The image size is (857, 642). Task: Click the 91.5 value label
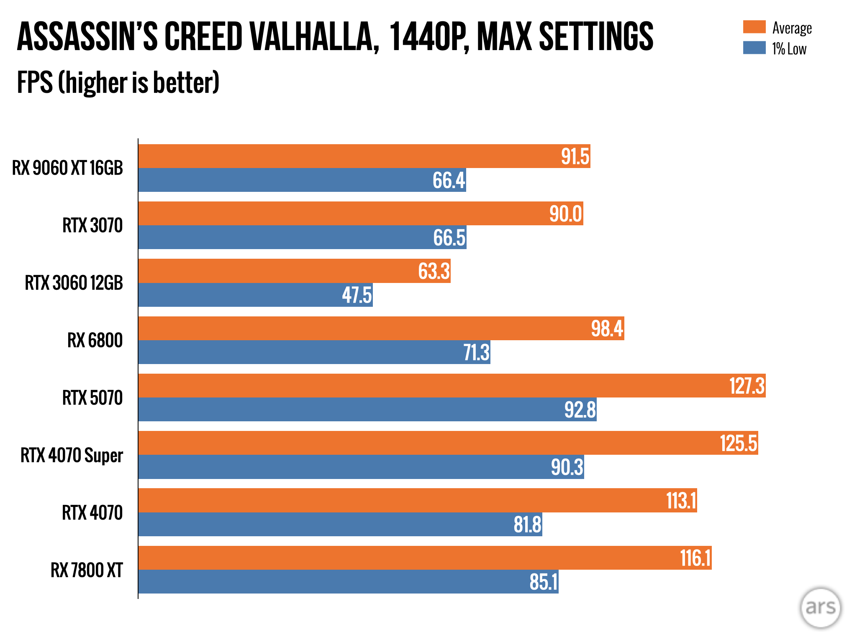(575, 157)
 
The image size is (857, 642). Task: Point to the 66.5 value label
(449, 238)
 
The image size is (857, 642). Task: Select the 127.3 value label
(747, 386)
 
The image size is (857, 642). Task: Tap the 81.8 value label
(527, 525)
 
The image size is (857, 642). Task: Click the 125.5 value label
(739, 443)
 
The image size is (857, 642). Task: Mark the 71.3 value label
(476, 352)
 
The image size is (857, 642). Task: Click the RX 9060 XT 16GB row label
(67, 168)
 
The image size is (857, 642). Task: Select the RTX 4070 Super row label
(72, 455)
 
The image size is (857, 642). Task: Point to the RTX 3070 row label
(92, 226)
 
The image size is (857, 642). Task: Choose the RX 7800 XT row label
(87, 570)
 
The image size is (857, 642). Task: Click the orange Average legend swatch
(754, 27)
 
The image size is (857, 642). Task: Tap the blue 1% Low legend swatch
(754, 48)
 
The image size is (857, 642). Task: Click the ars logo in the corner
(820, 608)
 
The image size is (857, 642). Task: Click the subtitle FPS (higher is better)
(118, 82)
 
